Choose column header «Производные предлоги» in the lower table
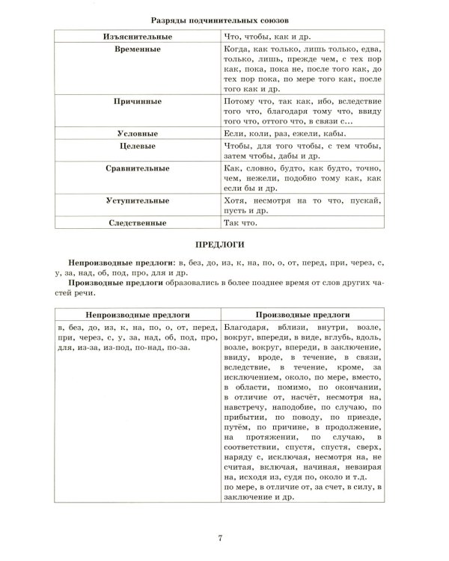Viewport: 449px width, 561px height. (x=302, y=316)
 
